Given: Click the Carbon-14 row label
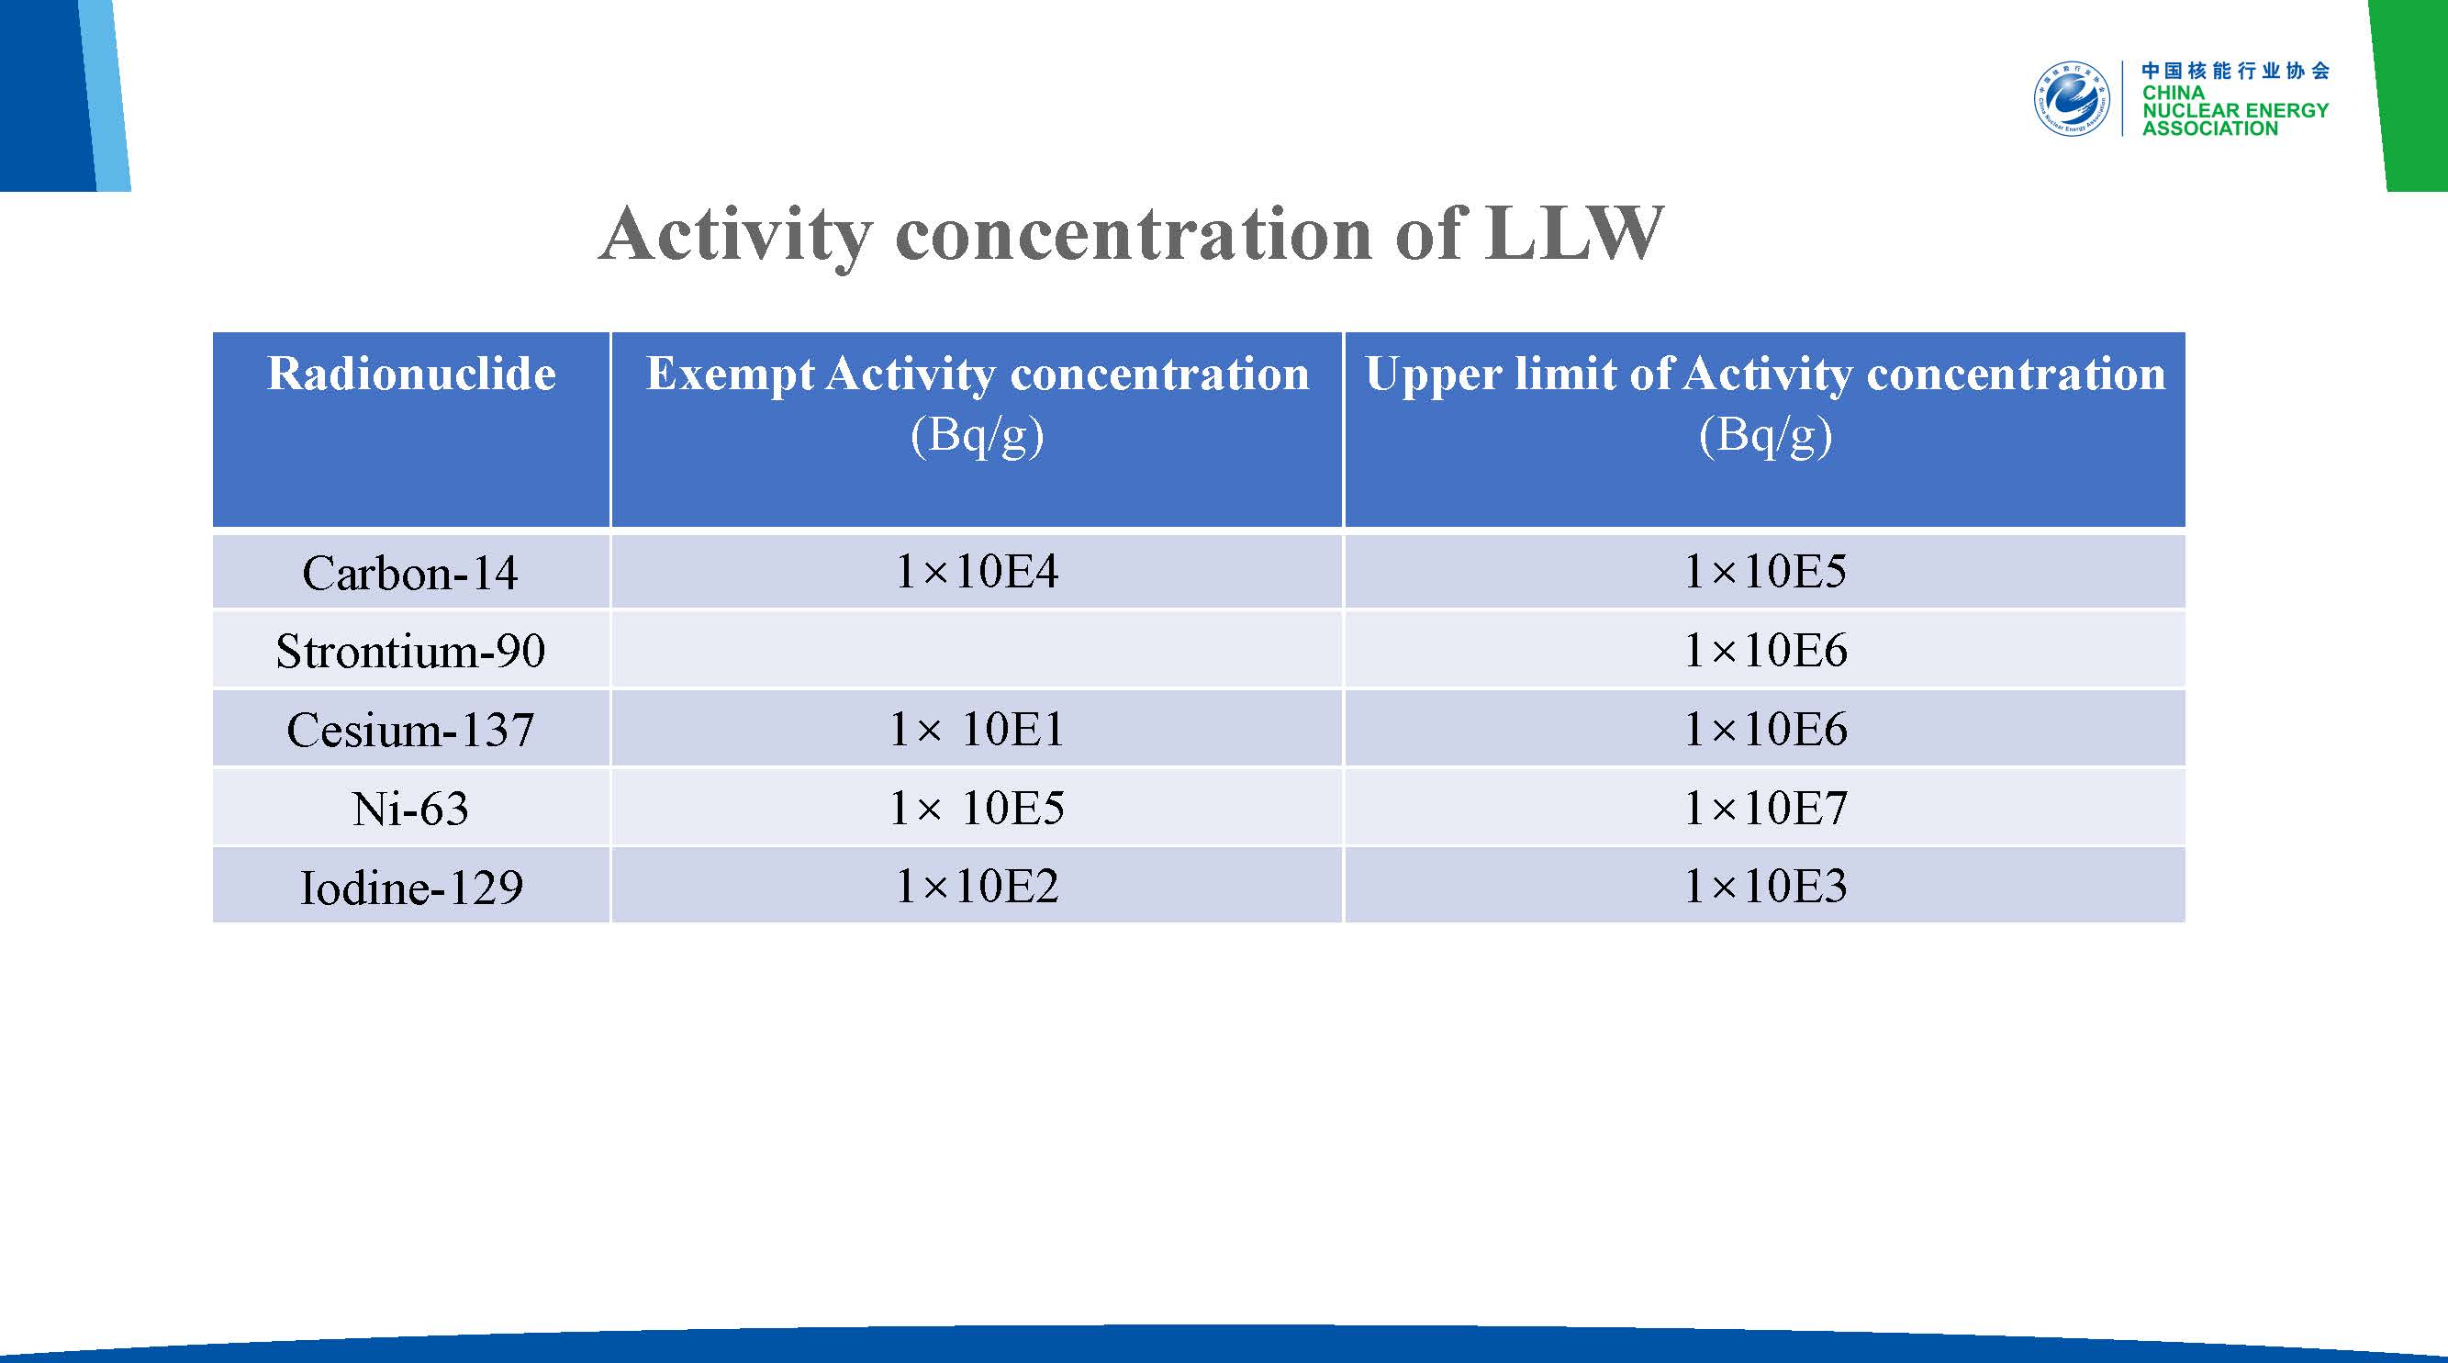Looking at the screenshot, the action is pos(409,573).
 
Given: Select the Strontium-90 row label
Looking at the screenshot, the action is pos(410,651).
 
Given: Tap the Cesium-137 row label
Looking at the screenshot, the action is pos(410,730).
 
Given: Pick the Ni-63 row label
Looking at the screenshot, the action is pos(410,809).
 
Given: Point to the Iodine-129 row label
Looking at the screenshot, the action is pos(411,888).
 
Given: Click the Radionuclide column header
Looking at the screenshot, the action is pos(411,374).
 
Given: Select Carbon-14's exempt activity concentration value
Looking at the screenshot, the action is pos(977,571).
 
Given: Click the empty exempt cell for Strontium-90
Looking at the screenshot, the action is pos(977,650).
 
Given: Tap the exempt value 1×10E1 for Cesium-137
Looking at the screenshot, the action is pos(977,729).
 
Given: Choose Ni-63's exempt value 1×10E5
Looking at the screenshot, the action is pos(977,808).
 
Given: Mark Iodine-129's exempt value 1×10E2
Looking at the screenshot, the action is pos(977,887).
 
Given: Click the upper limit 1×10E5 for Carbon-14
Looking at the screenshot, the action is pos(1765,571).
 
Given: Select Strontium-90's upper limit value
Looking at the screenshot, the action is pos(1765,650).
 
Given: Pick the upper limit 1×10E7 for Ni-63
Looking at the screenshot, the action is pos(1765,808).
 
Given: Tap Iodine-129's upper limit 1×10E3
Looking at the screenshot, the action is pos(1765,887).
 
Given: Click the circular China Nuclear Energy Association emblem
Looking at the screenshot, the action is pos(2072,99).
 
